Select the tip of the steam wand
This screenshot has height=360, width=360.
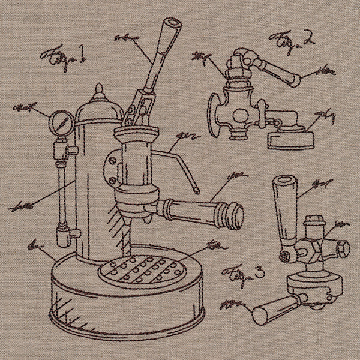[197, 190]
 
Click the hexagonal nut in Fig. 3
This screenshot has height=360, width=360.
[341, 247]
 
